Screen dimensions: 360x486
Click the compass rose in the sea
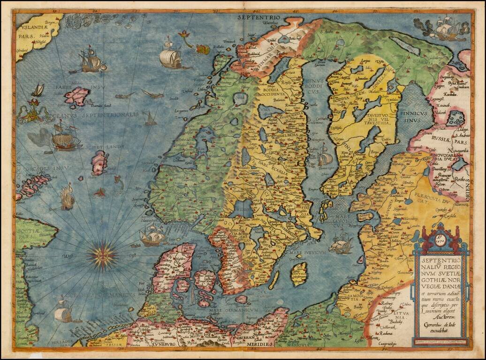103,254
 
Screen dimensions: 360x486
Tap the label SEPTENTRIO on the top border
258,17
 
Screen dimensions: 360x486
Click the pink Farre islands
76,96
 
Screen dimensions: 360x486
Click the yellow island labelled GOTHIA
299,274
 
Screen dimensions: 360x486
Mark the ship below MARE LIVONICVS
341,244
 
